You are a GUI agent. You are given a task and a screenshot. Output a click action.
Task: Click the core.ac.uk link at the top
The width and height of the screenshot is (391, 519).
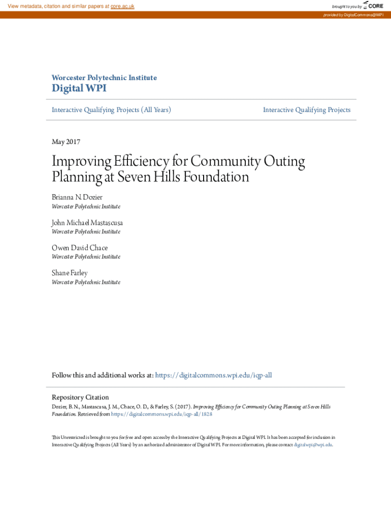pos(122,6)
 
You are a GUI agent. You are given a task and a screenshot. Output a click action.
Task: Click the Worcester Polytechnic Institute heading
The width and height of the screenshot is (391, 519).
pos(104,78)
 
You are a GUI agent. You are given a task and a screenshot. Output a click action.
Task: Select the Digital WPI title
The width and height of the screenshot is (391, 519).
pos(79,89)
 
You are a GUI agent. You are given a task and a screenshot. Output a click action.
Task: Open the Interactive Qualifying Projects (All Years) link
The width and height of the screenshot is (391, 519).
pos(111,109)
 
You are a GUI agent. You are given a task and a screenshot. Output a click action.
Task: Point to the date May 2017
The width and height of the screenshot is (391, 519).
pos(66,142)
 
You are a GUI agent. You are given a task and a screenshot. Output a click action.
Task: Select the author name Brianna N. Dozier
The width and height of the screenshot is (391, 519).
pos(77,197)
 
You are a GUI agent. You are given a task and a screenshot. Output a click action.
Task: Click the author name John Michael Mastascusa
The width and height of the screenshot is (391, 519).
pos(87,223)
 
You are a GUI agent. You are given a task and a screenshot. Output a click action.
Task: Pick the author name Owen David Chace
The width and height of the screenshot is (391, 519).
pos(80,248)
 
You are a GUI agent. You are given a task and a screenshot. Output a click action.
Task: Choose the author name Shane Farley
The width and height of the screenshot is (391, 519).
pos(70,273)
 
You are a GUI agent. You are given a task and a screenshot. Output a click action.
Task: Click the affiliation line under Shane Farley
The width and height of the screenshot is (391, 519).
pos(86,282)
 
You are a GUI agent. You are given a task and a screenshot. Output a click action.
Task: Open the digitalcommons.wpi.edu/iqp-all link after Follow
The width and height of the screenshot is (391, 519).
pos(213,375)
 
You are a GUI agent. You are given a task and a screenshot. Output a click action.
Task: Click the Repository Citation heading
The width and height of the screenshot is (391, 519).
pos(80,397)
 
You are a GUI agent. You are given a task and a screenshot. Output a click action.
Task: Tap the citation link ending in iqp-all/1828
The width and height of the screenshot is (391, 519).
pos(161,414)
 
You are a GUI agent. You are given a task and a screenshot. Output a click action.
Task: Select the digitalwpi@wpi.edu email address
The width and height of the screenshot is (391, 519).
pos(313,444)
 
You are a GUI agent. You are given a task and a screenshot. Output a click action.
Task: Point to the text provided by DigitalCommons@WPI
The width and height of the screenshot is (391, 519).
pos(353,15)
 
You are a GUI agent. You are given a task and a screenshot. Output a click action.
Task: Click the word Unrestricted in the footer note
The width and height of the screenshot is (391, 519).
pos(71,437)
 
